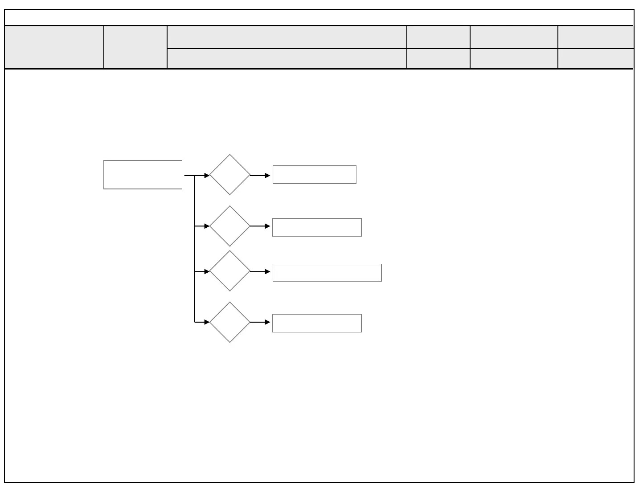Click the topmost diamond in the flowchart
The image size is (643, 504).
tap(230, 175)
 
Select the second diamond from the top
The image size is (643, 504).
tap(230, 226)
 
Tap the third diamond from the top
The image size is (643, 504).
tap(230, 271)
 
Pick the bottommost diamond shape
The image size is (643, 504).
tap(230, 322)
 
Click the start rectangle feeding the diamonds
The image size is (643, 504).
tap(143, 175)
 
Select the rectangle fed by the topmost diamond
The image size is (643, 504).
tap(314, 175)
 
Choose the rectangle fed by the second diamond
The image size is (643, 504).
tap(317, 227)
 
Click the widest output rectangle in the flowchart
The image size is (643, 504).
tap(327, 273)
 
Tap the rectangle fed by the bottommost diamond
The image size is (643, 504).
tap(317, 323)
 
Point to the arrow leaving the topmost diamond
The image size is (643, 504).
tap(260, 176)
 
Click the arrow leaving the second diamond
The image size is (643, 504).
tap(260, 226)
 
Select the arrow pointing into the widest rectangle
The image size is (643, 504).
tap(260, 271)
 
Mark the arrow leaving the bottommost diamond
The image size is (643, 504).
tap(260, 322)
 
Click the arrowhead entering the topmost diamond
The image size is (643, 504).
tap(207, 176)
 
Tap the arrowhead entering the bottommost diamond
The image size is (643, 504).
tap(207, 322)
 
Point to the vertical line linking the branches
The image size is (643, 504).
tap(195, 250)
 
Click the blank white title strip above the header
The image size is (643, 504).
tap(319, 17)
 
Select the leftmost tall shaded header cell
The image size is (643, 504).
tap(54, 47)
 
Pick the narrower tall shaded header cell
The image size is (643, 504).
tap(135, 47)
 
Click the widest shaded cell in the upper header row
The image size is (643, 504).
tap(287, 37)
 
